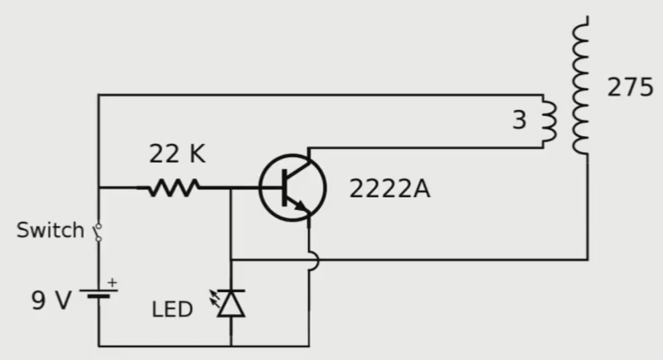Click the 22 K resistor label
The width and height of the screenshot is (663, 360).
pos(177,154)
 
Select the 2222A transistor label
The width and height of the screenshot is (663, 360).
pos(389,189)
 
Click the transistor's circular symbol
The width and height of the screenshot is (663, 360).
pos(293,189)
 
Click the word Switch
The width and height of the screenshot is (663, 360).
pos(50,230)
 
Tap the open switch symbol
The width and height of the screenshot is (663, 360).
pos(98,232)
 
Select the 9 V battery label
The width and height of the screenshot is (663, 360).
pos(51,301)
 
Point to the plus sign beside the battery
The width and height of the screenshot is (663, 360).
pos(112,281)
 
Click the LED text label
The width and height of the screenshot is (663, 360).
pos(172,309)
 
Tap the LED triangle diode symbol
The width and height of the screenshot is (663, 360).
pos(232,304)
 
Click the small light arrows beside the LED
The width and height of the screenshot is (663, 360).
pos(215,297)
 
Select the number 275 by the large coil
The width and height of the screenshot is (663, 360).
pos(630,88)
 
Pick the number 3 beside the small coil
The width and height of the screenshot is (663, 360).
pos(519,120)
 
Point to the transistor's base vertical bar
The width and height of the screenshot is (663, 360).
pos(283,189)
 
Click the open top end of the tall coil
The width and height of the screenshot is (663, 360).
pos(588,18)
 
